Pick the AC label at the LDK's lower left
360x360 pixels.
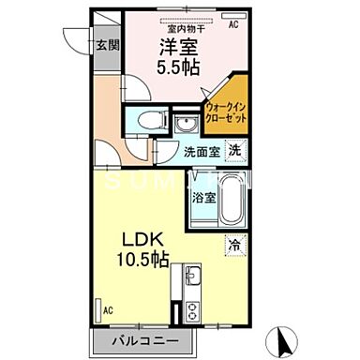(108, 310)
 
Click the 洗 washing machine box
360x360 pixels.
(236, 150)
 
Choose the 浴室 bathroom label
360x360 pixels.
(204, 199)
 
